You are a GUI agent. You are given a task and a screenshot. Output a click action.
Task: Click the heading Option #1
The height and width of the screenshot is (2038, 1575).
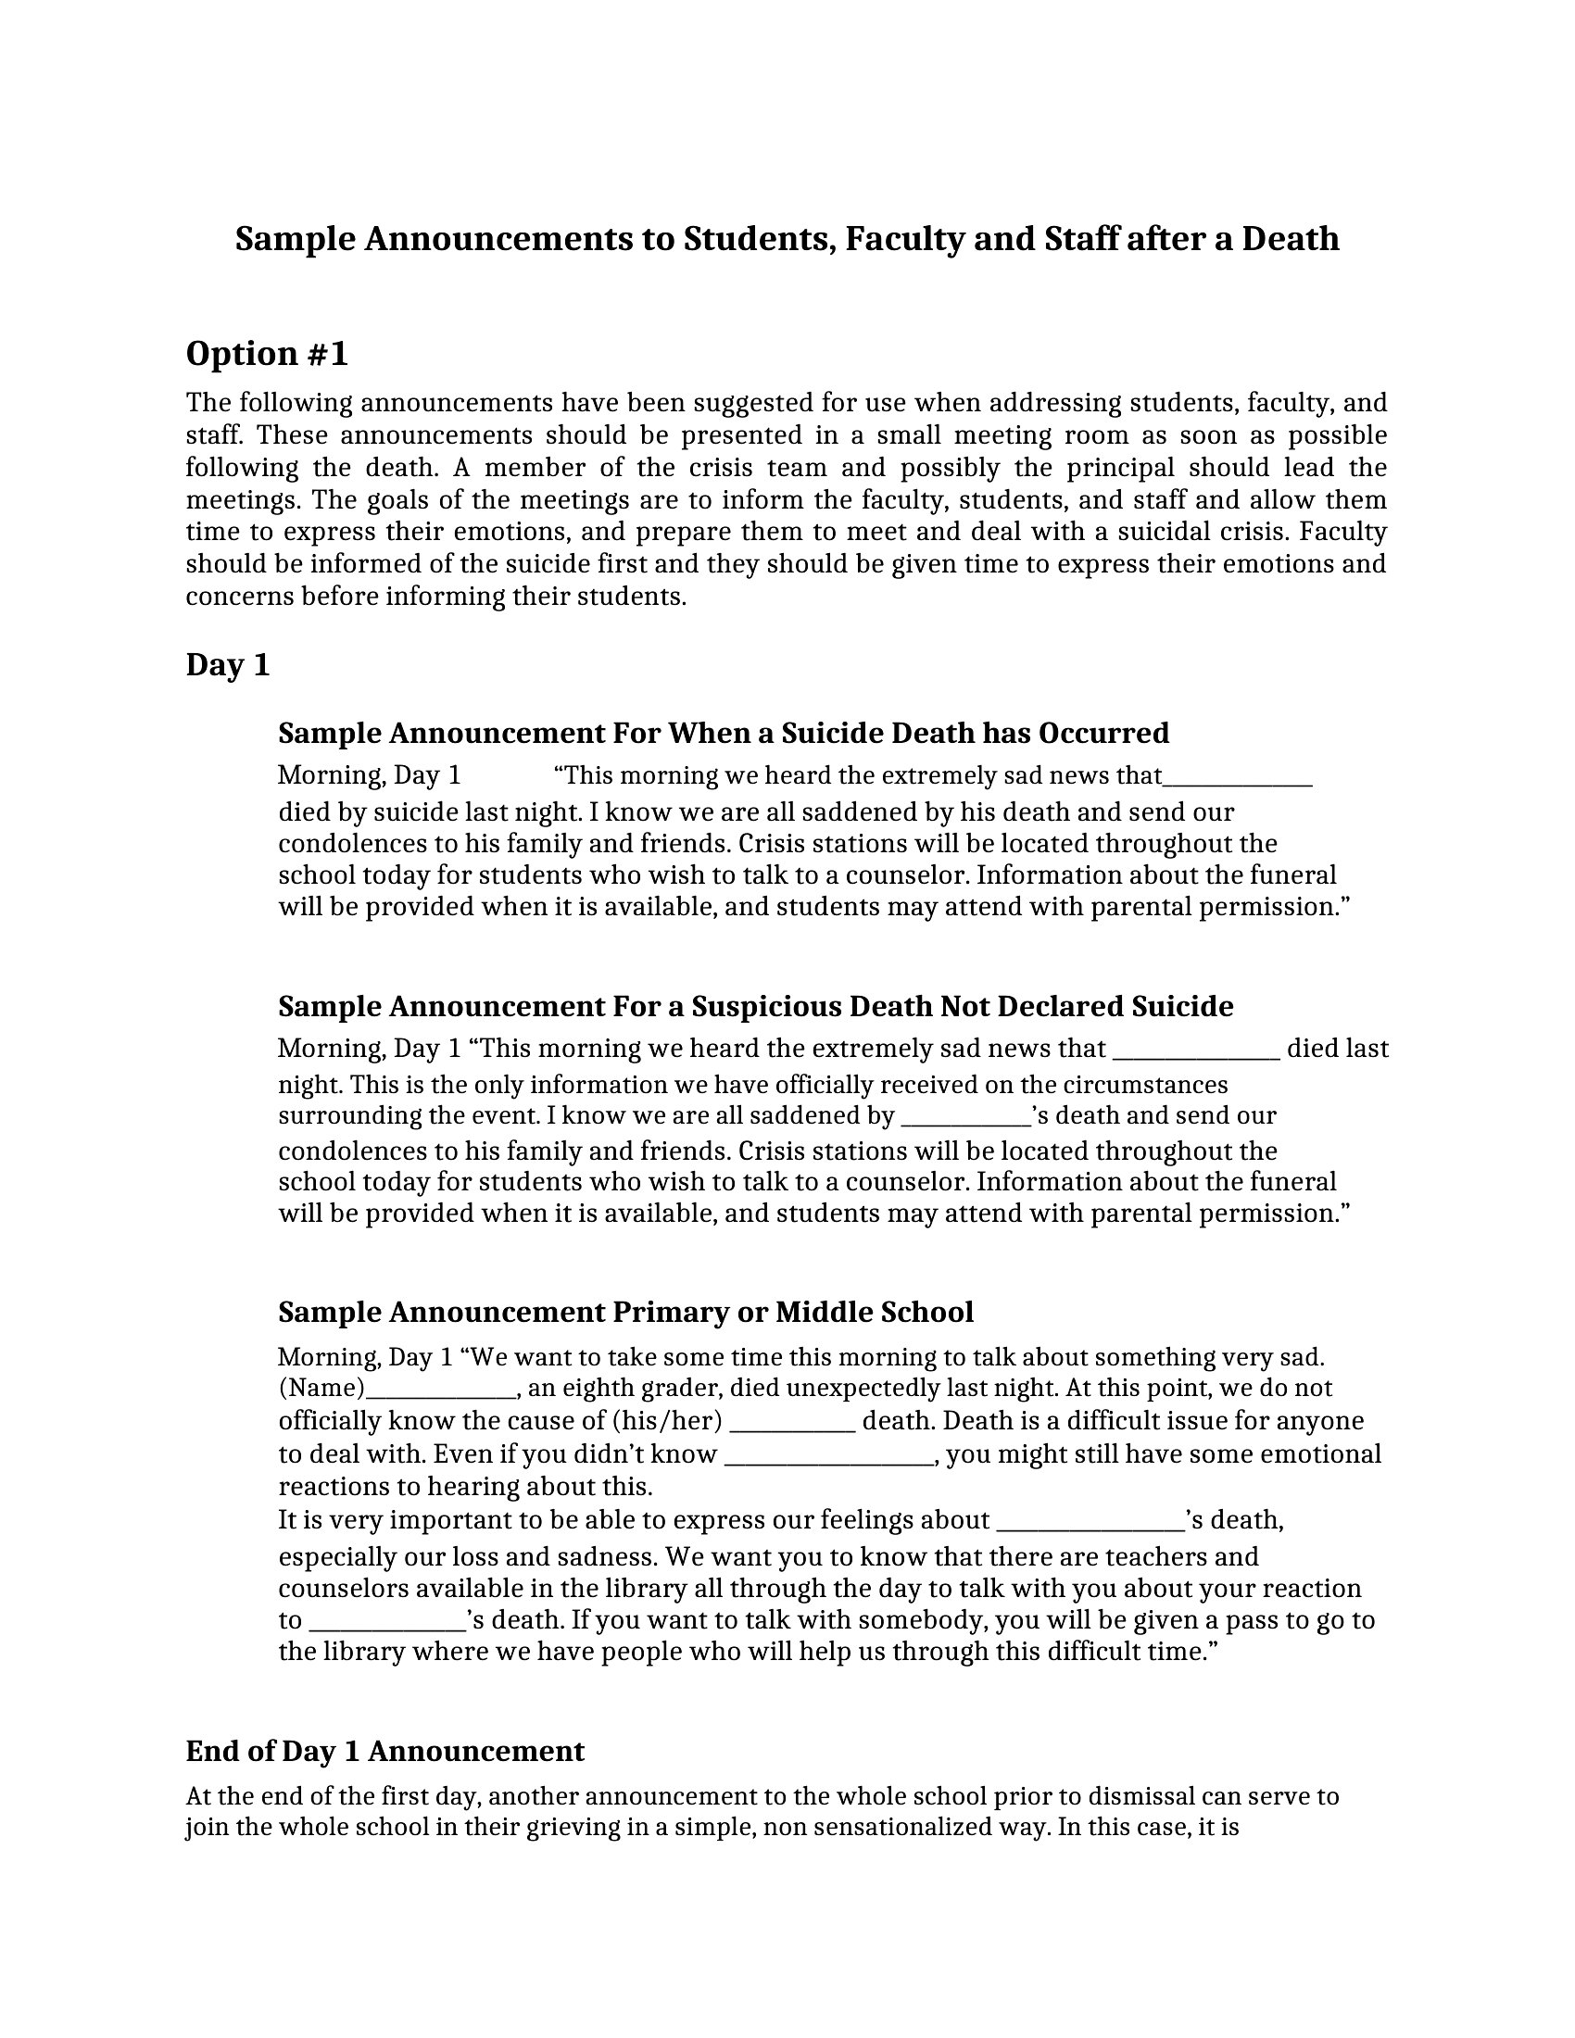click(x=267, y=354)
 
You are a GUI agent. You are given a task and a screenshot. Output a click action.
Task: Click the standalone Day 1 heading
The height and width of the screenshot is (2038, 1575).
click(x=228, y=665)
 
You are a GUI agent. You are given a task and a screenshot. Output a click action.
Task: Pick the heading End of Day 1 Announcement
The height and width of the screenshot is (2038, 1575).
click(x=384, y=1752)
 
